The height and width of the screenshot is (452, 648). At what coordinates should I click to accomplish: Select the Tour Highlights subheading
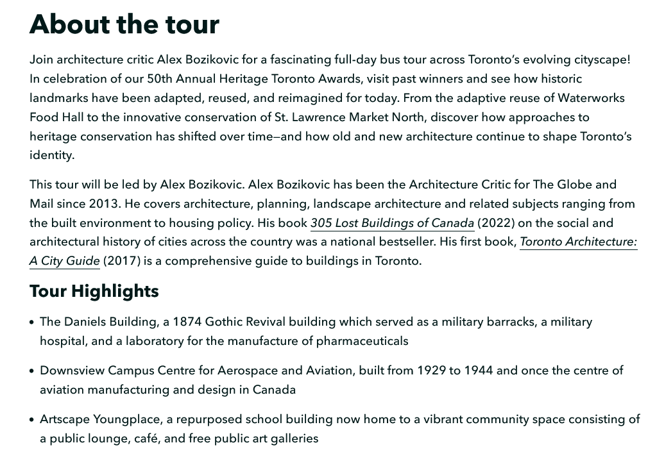tap(94, 291)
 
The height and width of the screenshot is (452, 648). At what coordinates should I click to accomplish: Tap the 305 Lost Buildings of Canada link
tap(392, 223)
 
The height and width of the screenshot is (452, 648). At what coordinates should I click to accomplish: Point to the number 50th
tap(160, 79)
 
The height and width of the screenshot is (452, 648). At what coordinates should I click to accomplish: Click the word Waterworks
tap(591, 98)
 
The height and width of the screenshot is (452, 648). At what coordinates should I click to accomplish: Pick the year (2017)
tap(121, 261)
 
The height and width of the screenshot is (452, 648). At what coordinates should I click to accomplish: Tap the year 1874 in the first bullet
tap(187, 322)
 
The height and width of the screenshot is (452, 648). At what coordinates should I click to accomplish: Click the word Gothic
tap(225, 322)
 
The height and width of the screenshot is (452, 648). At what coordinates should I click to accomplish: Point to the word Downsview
tap(72, 371)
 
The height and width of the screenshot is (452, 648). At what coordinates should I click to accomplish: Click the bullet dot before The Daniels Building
tap(32, 322)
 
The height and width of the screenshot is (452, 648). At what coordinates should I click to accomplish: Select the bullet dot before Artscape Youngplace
tap(32, 420)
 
